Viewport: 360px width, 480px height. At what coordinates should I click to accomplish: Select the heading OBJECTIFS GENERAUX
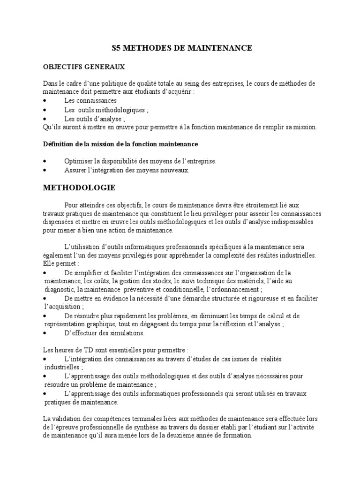tap(84, 67)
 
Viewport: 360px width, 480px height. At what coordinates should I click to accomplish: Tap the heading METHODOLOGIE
tap(79, 187)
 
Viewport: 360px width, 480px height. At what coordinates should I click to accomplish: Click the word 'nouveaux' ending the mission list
tap(175, 171)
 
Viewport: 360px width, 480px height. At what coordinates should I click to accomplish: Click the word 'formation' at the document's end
tap(238, 435)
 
